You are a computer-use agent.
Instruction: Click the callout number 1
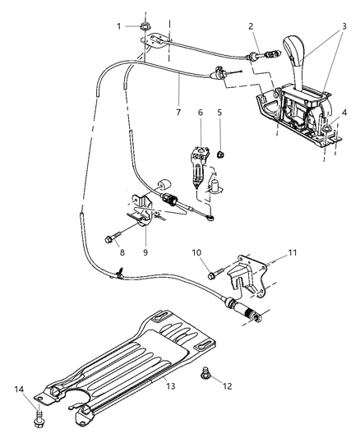(x=118, y=26)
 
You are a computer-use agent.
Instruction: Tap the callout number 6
(x=200, y=111)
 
